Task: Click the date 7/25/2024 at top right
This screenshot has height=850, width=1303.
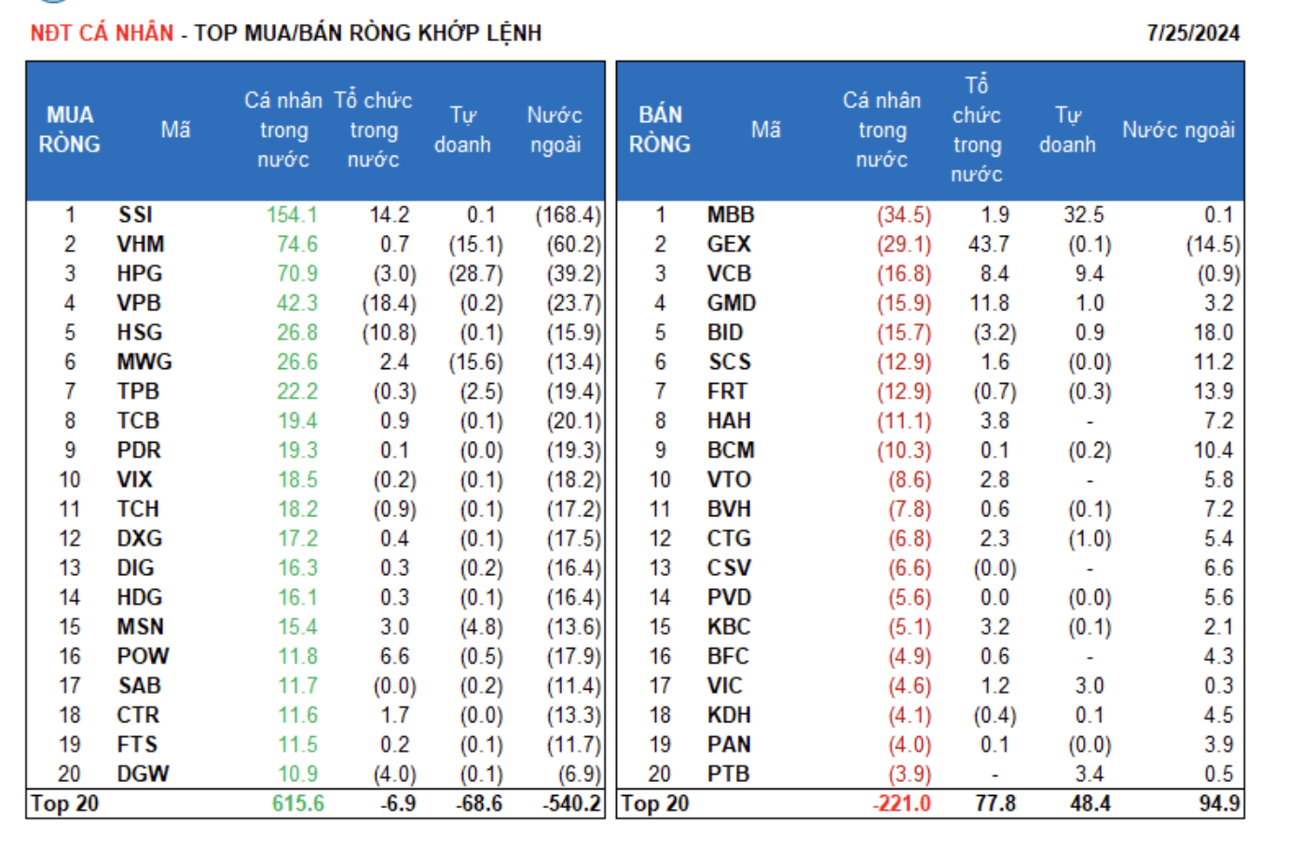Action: tap(1192, 34)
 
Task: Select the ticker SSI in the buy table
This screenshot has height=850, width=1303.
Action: tap(135, 215)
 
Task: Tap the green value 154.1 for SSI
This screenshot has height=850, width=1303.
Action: tap(292, 215)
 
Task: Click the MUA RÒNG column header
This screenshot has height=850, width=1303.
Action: tap(69, 130)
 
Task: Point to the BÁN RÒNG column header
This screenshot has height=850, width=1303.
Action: tap(660, 130)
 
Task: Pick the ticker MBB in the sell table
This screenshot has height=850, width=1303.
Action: tap(730, 215)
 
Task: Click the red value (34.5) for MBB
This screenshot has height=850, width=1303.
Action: tap(903, 215)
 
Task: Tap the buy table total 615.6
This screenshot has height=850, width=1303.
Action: tap(298, 803)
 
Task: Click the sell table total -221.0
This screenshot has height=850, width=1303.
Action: tap(901, 803)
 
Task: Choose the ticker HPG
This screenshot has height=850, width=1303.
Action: tap(140, 274)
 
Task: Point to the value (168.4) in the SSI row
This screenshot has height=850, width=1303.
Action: tap(568, 215)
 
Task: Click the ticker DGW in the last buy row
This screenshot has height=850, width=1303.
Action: tap(143, 775)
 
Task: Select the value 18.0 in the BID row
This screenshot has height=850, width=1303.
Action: tap(1214, 333)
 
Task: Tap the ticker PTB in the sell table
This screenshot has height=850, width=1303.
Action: tap(728, 775)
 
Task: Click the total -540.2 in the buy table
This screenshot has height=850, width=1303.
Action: tap(571, 803)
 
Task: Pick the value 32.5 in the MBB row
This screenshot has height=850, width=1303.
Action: tap(1084, 215)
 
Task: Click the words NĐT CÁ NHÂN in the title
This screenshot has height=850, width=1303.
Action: tap(102, 34)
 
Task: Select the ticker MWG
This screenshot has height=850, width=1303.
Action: tap(144, 362)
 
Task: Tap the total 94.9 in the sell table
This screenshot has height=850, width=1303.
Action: tap(1219, 803)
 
